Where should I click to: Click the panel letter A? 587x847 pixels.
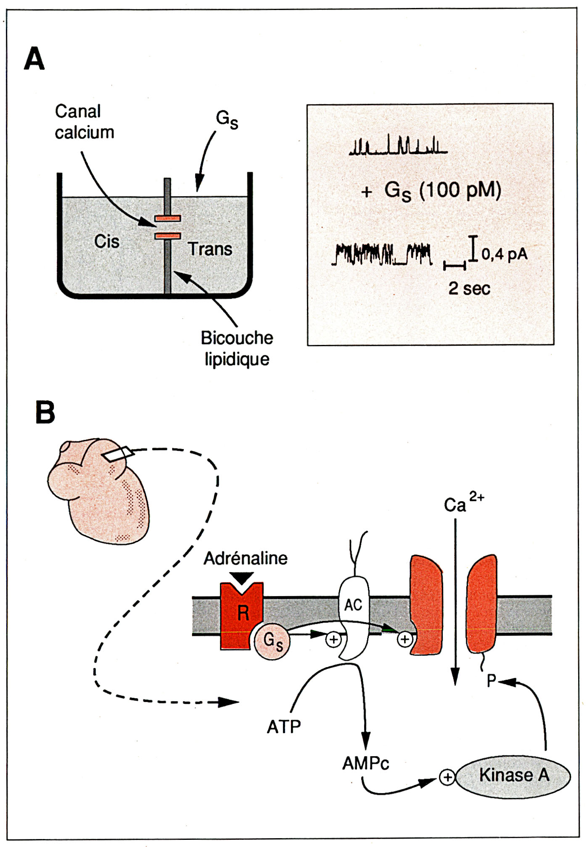pyautogui.click(x=34, y=59)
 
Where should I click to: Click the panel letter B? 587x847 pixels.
pyautogui.click(x=45, y=412)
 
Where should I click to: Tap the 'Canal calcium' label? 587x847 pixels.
pyautogui.click(x=84, y=122)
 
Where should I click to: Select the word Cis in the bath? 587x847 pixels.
pyautogui.click(x=106, y=242)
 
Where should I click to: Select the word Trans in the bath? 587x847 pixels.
pyautogui.click(x=209, y=249)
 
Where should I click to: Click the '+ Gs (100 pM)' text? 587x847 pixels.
pyautogui.click(x=431, y=191)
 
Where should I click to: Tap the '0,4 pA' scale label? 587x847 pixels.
pyautogui.click(x=504, y=254)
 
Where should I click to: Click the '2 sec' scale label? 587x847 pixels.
pyautogui.click(x=469, y=289)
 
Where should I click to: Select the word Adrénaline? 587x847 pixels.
pyautogui.click(x=246, y=558)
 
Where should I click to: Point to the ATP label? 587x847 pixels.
pyautogui.click(x=284, y=727)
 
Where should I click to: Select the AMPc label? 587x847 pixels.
pyautogui.click(x=365, y=763)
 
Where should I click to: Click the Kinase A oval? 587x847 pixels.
pyautogui.click(x=513, y=776)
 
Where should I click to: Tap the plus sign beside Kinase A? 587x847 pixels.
pyautogui.click(x=447, y=777)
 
